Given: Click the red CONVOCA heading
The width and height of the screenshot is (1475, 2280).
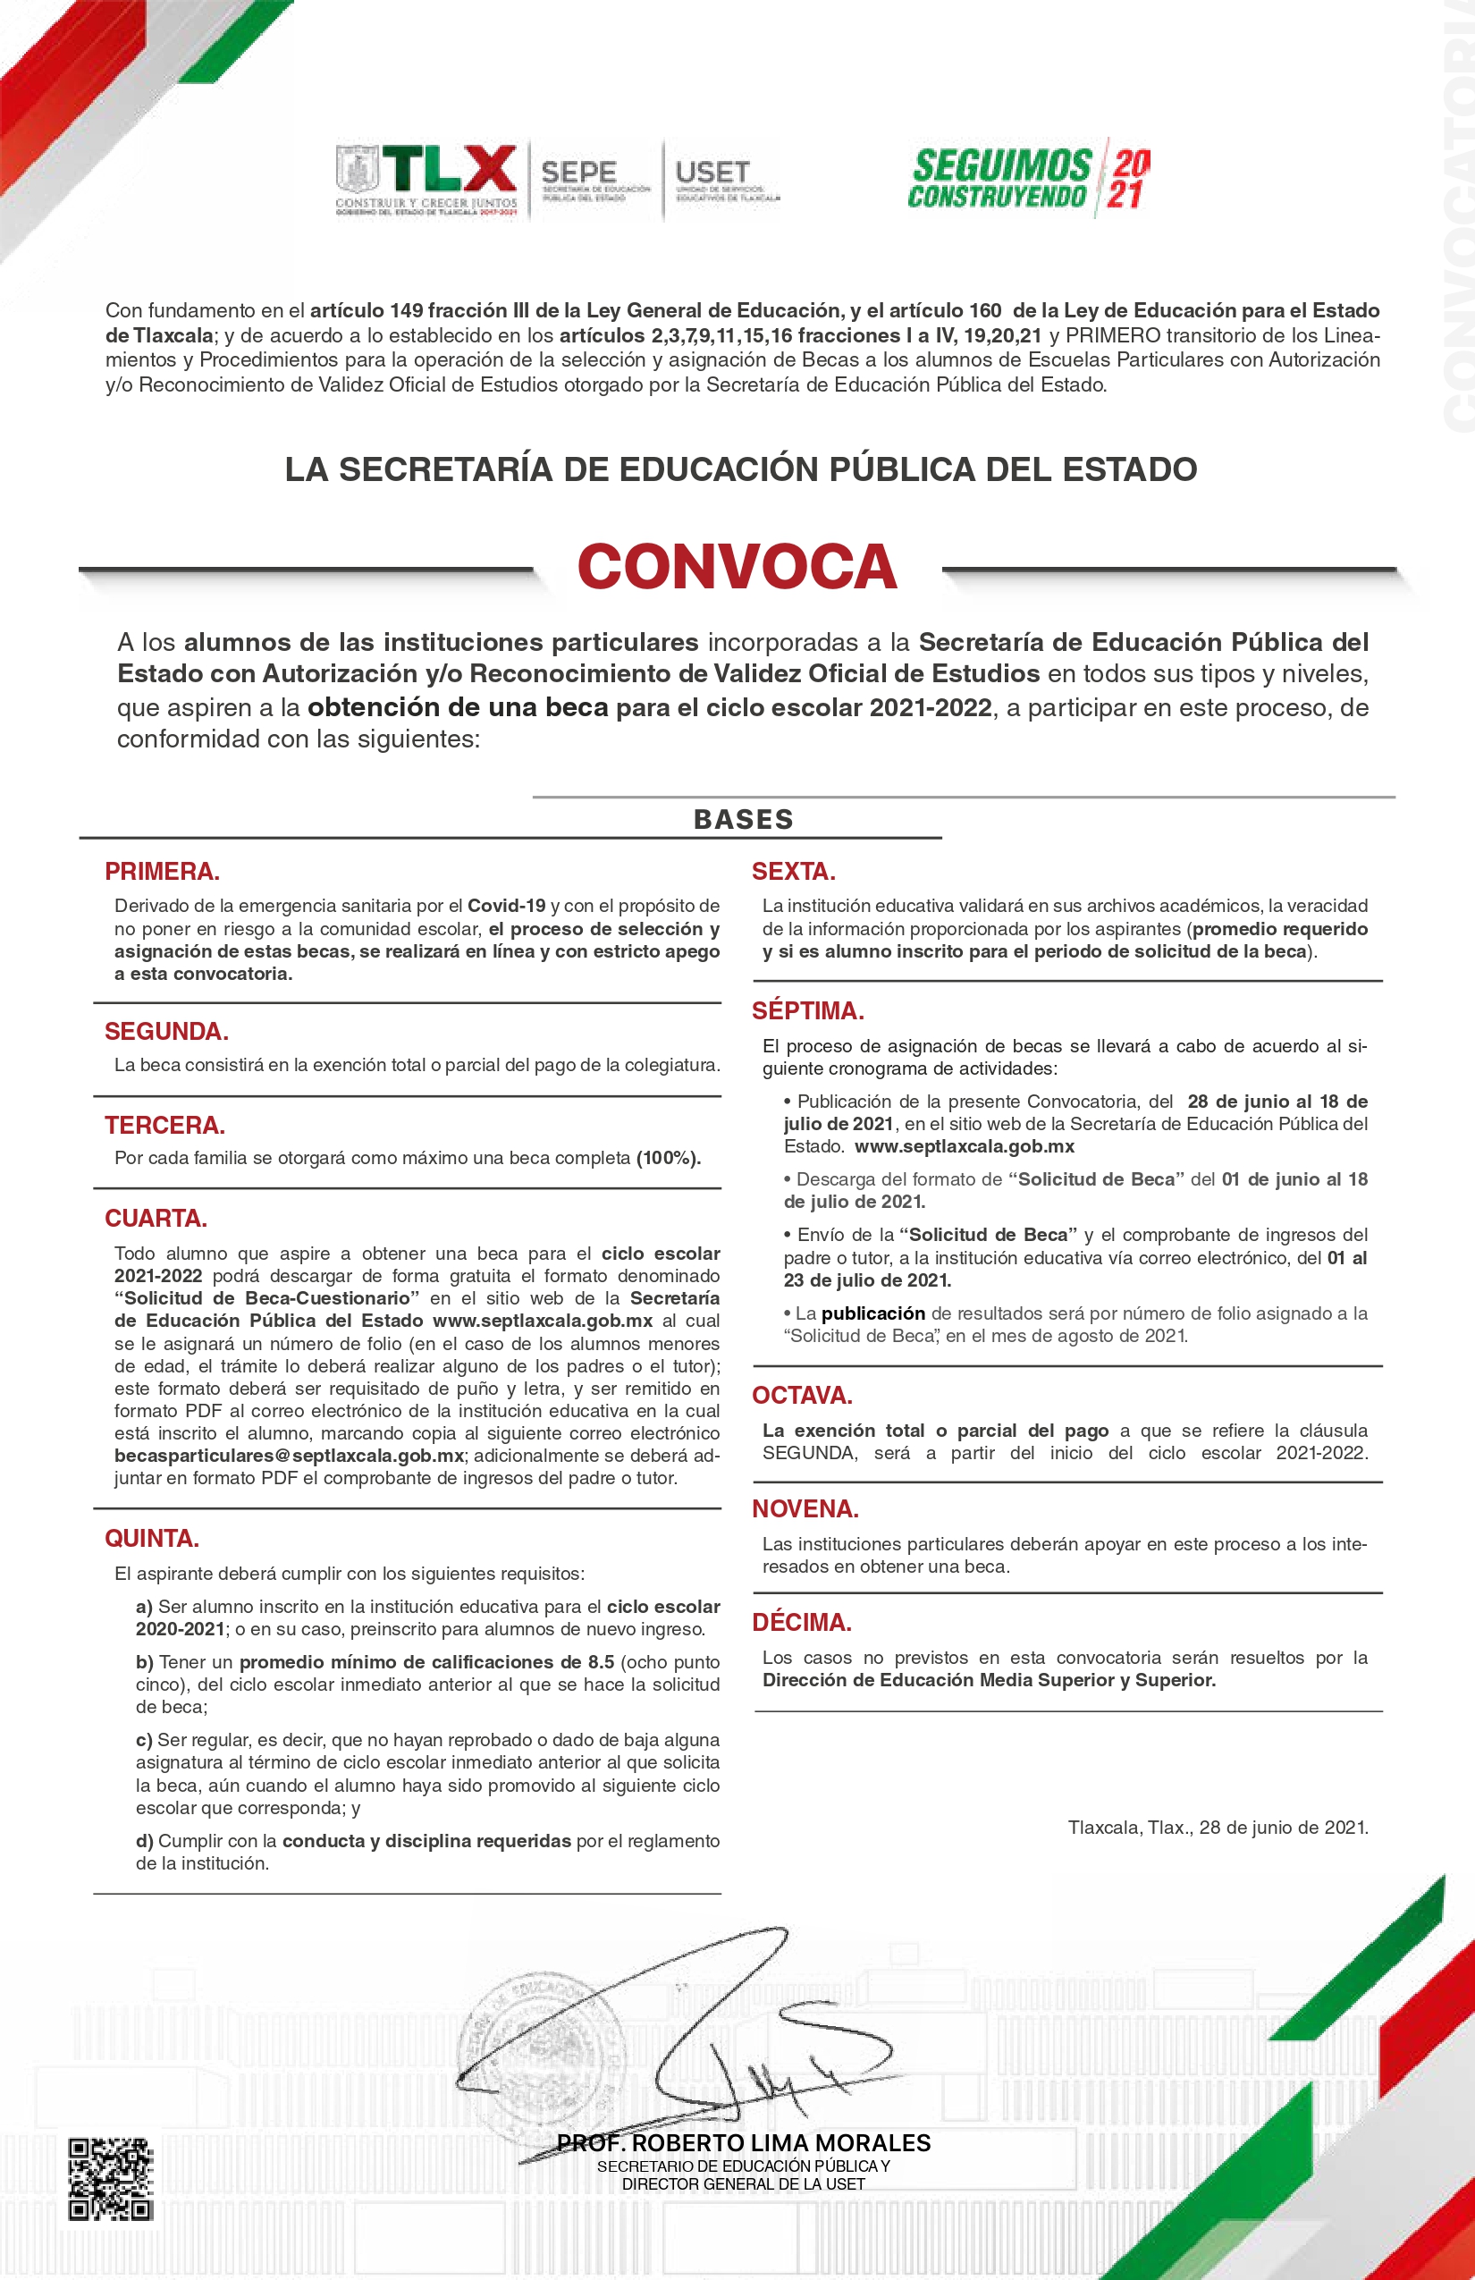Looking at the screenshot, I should tap(737, 566).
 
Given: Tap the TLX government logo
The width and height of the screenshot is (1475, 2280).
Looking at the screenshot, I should tap(427, 180).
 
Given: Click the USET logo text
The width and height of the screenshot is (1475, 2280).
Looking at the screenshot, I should tap(712, 173).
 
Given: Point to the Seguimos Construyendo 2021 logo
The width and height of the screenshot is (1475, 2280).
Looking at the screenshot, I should tap(1030, 179).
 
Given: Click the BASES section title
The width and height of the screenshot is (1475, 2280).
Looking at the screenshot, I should tap(743, 819).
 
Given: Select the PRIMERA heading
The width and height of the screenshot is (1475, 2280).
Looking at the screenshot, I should tap(162, 871).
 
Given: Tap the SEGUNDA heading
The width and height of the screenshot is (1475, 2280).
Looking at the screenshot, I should tap(166, 1031).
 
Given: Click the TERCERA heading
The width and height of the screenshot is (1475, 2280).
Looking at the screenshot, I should tap(164, 1125).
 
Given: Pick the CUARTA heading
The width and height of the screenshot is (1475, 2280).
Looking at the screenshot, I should tap(156, 1218).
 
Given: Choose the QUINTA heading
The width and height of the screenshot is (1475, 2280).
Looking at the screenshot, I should tap(152, 1538).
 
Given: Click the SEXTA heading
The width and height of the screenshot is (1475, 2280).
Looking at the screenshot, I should tap(793, 871).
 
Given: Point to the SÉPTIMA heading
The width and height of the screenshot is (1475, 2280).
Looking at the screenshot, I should tap(807, 1010).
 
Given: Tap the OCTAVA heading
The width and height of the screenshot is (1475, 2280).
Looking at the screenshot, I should tap(802, 1395).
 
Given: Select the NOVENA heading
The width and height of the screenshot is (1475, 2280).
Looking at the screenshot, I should tap(805, 1509).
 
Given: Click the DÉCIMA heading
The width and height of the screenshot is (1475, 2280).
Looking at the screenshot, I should tap(802, 1622).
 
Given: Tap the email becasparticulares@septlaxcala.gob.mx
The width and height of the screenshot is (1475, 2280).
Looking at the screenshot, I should tap(290, 1456).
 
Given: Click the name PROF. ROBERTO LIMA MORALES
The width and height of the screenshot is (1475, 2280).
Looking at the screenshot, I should tap(743, 2142).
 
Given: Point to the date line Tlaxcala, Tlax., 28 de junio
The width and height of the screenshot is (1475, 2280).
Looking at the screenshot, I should tap(1218, 1827).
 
